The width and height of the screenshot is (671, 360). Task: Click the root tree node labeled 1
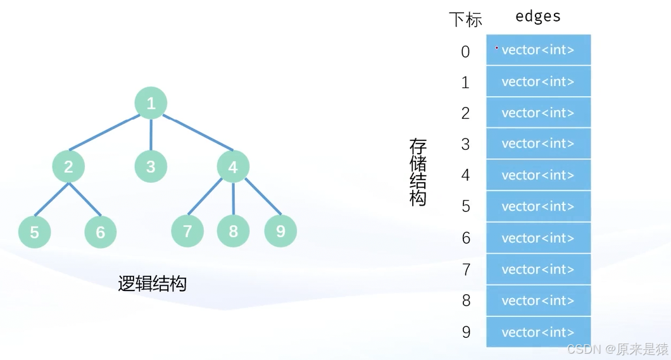[151, 103]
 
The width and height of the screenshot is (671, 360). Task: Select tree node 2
[68, 166]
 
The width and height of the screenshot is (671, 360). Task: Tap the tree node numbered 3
[151, 166]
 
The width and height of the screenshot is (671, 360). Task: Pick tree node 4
[233, 167]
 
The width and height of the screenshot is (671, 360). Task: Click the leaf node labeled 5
[34, 232]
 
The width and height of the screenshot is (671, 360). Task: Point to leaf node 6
[101, 232]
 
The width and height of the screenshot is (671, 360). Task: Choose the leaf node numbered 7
[187, 231]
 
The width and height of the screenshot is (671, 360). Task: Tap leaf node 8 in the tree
[233, 231]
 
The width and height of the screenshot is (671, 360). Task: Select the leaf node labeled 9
[280, 231]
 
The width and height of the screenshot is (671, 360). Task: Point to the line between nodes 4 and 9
[263, 197]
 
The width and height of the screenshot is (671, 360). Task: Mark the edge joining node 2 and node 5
[51, 199]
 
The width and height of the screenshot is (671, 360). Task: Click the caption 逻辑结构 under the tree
[152, 283]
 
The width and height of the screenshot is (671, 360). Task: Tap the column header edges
[538, 16]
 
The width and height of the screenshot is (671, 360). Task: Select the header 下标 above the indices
[465, 19]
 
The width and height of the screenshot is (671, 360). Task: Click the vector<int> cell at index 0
[538, 50]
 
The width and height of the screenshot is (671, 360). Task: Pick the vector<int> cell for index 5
[538, 206]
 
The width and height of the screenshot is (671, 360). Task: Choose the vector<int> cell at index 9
[538, 332]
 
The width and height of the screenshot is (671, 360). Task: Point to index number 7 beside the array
[466, 270]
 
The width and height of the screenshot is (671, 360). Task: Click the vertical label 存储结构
[418, 172]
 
